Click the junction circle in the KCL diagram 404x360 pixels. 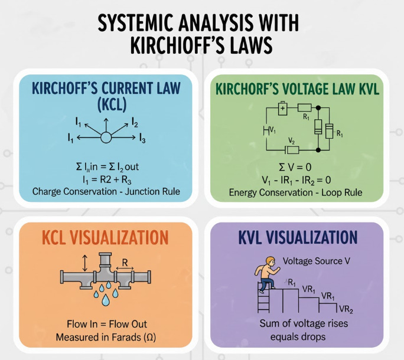[x=105, y=138]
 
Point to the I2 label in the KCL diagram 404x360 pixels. [x=135, y=123]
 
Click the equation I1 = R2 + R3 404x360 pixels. [x=106, y=178]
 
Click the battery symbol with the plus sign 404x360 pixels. [x=282, y=109]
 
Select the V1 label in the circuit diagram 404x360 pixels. [x=272, y=129]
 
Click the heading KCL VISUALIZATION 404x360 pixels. [x=105, y=238]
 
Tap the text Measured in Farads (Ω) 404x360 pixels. [x=106, y=337]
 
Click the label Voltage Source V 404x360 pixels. [x=313, y=261]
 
